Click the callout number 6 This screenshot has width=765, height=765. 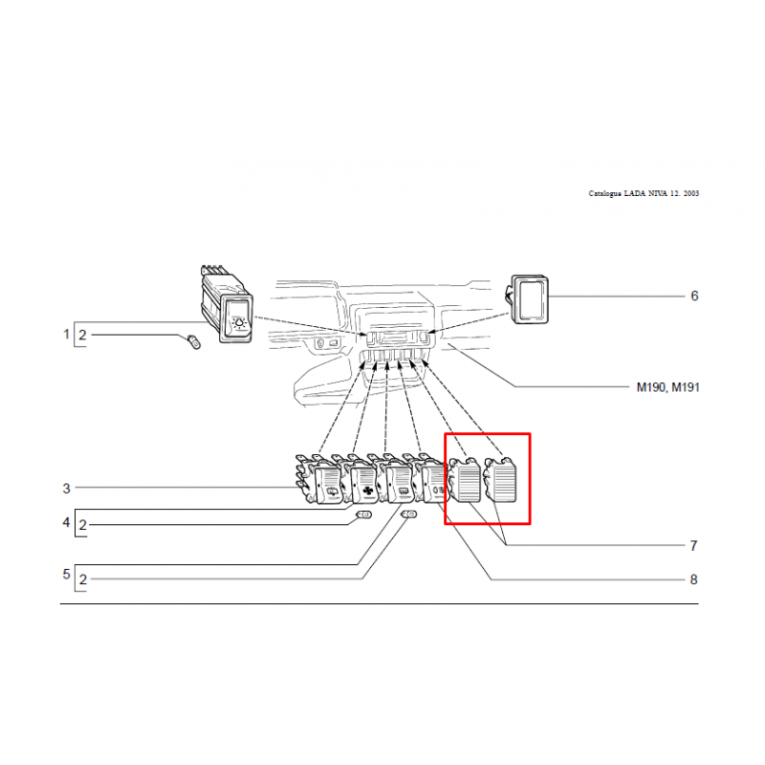pyautogui.click(x=694, y=296)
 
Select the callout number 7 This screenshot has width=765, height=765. pyautogui.click(x=693, y=545)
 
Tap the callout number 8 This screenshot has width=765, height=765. pyautogui.click(x=693, y=579)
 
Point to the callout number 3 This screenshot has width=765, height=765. pyautogui.click(x=66, y=489)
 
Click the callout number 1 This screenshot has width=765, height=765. pyautogui.click(x=66, y=334)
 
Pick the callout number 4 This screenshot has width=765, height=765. pyautogui.click(x=66, y=522)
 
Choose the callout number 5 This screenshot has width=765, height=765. pyautogui.click(x=66, y=575)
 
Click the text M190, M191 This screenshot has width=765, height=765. pyautogui.click(x=667, y=387)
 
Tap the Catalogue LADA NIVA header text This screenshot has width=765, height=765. pyautogui.click(x=644, y=193)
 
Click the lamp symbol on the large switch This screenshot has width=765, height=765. pyautogui.click(x=239, y=322)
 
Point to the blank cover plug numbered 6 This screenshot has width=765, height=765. pyautogui.click(x=529, y=299)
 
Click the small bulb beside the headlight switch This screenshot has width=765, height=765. pyautogui.click(x=194, y=341)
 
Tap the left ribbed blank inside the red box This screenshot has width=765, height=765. pyautogui.click(x=466, y=481)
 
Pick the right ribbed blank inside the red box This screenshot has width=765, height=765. pyautogui.click(x=500, y=480)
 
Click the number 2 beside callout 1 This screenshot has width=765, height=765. pyautogui.click(x=82, y=336)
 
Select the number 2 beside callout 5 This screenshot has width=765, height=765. pyautogui.click(x=83, y=579)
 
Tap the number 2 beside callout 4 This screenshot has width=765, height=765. pyautogui.click(x=83, y=525)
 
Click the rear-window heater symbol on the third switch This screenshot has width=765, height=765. pyautogui.click(x=404, y=491)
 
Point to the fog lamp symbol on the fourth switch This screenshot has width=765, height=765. pyautogui.click(x=438, y=490)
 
